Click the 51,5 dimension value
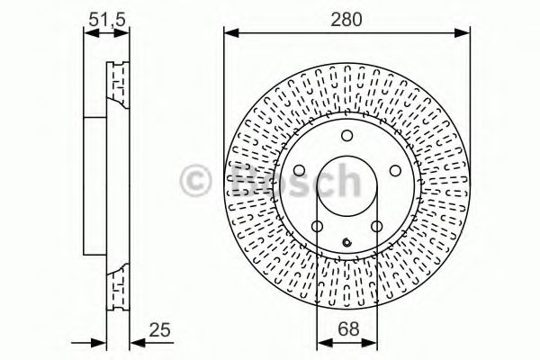[105, 17]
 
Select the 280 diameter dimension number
[346, 17]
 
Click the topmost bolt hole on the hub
[346, 137]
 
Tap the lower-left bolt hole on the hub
[317, 226]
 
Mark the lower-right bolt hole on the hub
[376, 226]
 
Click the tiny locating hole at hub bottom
[346, 240]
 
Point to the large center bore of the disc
[346, 188]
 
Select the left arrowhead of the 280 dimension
[229, 34]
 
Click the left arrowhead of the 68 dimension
[321, 341]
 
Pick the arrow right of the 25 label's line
[135, 341]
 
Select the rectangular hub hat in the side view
[95, 186]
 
